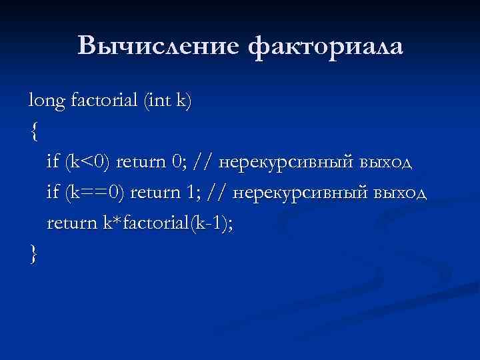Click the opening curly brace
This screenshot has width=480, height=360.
pos(34,131)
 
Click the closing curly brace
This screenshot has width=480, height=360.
pos(34,254)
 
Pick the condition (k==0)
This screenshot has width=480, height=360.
pos(95,193)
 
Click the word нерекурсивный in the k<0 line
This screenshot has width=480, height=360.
pos(287,162)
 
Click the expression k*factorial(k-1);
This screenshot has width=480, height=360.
pos(167,224)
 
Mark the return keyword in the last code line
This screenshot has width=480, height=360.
pos(71,224)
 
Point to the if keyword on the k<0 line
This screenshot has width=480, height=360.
pos(53,162)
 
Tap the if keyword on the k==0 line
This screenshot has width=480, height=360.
pos(53,193)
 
